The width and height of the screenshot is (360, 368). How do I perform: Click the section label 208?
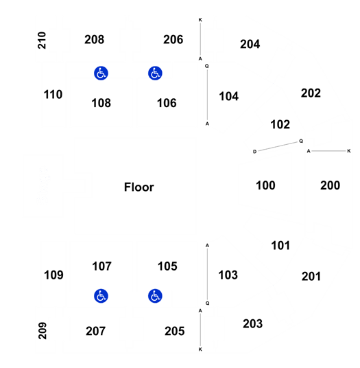(94, 39)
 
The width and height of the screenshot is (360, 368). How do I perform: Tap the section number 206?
(173, 39)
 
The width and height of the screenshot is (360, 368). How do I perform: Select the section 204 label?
(250, 44)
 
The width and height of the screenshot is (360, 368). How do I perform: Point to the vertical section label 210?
(42, 41)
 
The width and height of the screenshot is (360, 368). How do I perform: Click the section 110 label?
(53, 95)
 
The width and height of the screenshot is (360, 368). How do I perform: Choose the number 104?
(229, 96)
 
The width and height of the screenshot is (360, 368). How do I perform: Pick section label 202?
(311, 93)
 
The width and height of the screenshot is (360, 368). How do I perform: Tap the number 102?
(280, 124)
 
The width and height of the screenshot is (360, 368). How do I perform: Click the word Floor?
(139, 187)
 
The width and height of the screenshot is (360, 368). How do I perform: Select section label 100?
(265, 185)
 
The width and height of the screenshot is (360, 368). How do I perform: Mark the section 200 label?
(331, 185)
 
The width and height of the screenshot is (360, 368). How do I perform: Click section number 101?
(280, 246)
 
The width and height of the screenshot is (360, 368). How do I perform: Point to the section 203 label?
(252, 324)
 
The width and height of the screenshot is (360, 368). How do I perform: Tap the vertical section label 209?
(43, 331)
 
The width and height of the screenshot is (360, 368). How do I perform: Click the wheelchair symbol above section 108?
(101, 73)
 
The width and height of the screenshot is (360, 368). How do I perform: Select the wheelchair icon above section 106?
(155, 73)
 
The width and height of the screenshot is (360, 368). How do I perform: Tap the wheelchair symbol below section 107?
(101, 296)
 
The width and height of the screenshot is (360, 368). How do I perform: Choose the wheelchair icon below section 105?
(155, 296)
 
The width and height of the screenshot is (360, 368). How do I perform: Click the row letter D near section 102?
(255, 152)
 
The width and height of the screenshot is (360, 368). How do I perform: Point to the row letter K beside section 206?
(200, 20)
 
